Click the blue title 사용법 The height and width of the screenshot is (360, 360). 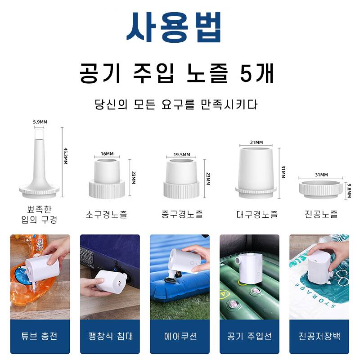coord(174,27)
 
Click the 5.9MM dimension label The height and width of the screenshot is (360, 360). coord(40,122)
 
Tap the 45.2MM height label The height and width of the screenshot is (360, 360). coord(66,156)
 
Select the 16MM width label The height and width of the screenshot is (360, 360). coord(107,153)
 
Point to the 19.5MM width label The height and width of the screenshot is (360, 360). coord(182,154)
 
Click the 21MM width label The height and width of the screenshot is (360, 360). coord(256,142)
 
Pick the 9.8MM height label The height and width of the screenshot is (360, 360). coord(349,190)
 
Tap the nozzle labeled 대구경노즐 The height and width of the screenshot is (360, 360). coord(256,172)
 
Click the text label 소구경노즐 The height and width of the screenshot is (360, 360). coord(107,215)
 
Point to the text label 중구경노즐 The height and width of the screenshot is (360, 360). coord(182,214)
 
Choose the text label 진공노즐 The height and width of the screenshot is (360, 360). coord(321,214)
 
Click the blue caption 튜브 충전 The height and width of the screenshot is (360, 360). coord(39,336)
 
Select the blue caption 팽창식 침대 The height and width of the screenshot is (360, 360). coord(111,336)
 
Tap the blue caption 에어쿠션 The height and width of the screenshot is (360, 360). coord(180,336)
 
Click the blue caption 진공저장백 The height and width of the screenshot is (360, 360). coord(319,336)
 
